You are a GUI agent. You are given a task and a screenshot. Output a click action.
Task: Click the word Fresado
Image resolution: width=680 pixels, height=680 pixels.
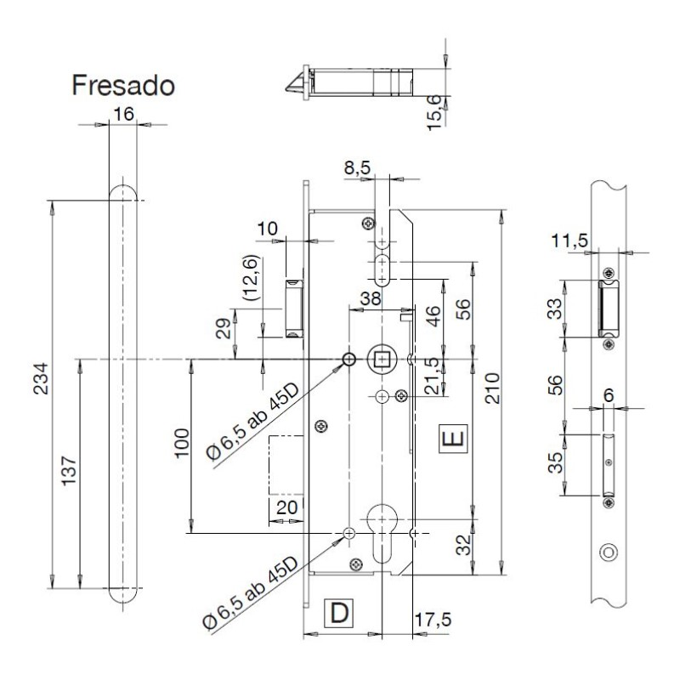coord(123,86)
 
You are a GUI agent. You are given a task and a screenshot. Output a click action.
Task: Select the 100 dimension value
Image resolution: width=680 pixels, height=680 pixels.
coord(179,443)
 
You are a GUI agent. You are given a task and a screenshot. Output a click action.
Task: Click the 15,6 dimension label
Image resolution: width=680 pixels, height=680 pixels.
coord(434,111)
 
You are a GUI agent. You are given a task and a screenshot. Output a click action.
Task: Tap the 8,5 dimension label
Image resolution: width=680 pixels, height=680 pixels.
coord(357,169)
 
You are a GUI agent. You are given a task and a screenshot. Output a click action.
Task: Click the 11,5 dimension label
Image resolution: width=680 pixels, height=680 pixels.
coord(569,241)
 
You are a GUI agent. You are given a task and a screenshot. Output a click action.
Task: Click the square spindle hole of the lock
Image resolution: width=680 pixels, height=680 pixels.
coord(382,360)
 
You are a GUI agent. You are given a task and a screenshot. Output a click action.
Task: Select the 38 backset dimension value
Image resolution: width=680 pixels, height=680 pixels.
coord(369,298)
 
